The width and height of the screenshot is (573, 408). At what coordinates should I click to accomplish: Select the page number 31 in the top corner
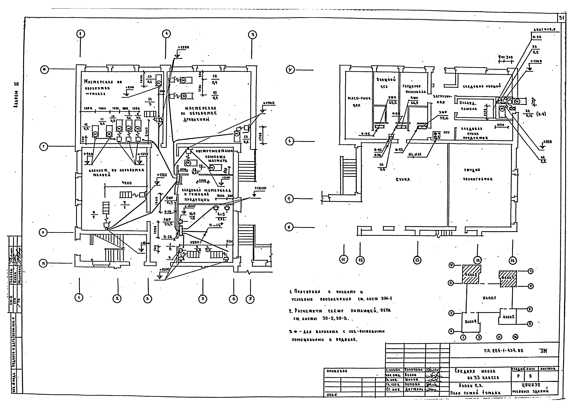pyautogui.click(x=561, y=18)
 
